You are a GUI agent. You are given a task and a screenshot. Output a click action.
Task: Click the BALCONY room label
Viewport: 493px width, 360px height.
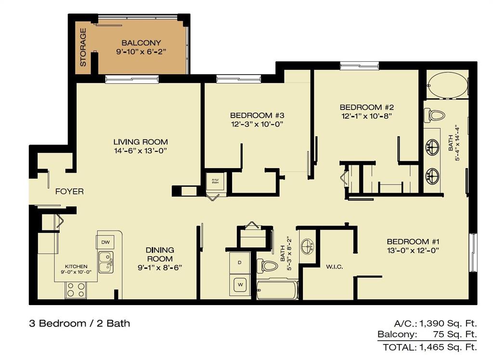(141, 42)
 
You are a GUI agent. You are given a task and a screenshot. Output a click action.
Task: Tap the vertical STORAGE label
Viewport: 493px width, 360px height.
(83, 47)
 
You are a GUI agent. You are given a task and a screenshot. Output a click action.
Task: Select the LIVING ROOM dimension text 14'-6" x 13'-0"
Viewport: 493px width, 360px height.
(141, 151)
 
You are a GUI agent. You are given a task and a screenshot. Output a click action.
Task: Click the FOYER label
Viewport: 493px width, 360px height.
(69, 191)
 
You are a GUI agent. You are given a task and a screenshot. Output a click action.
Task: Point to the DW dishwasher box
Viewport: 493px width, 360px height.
(105, 241)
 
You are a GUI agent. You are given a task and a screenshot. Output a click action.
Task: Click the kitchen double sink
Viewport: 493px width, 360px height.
(106, 262)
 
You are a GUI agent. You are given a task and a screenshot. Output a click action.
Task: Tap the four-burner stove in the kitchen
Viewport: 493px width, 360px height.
(76, 289)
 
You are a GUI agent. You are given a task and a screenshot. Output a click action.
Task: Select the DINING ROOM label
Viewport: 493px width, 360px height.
(160, 254)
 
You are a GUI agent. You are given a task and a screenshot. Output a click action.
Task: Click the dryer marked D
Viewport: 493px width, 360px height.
(239, 263)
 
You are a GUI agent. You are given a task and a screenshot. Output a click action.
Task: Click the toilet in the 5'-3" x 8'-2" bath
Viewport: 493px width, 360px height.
(267, 266)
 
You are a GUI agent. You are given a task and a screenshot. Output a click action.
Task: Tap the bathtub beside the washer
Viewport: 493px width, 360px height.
(277, 290)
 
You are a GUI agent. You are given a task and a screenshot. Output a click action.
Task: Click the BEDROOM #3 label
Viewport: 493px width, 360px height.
(257, 115)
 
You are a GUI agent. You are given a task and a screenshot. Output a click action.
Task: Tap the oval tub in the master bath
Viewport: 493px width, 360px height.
(447, 85)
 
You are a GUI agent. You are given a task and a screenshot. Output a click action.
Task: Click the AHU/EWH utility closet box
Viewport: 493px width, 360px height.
(213, 182)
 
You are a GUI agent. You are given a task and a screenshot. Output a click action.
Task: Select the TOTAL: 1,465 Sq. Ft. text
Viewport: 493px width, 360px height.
(429, 347)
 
